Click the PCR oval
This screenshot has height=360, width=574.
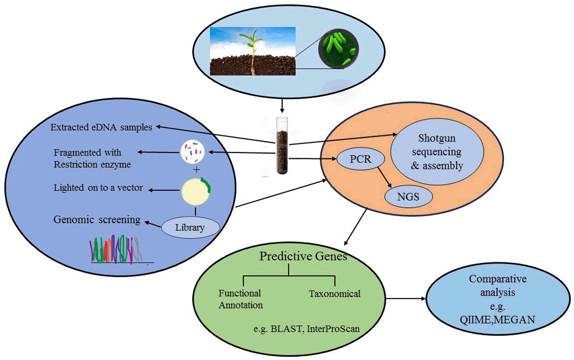pyautogui.click(x=361, y=159)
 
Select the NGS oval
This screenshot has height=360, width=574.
pyautogui.click(x=408, y=197)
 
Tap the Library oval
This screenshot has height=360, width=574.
pyautogui.click(x=190, y=227)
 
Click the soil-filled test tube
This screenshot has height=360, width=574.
pyautogui.click(x=282, y=146)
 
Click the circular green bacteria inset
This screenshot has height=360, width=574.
pyautogui.click(x=338, y=49)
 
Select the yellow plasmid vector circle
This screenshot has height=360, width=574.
pyautogui.click(x=196, y=191)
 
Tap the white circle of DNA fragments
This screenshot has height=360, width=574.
pyautogui.click(x=192, y=152)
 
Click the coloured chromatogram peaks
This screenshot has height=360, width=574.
pyautogui.click(x=116, y=249)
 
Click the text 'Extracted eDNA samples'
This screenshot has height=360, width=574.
pyautogui.click(x=101, y=127)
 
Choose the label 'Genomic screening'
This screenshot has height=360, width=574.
pyautogui.click(x=97, y=220)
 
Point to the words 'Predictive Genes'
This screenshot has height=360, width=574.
pyautogui.click(x=303, y=256)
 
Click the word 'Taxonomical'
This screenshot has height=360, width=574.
pyautogui.click(x=335, y=294)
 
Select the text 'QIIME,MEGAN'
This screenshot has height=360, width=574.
pyautogui.click(x=497, y=320)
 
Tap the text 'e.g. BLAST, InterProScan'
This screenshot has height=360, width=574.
pyautogui.click(x=307, y=329)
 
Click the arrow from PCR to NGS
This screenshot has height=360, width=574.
pyautogui.click(x=385, y=178)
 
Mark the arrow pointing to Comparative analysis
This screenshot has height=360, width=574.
pyautogui.click(x=406, y=298)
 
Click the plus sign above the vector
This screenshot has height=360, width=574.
pyautogui.click(x=196, y=170)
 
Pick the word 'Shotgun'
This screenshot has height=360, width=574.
pyautogui.click(x=437, y=138)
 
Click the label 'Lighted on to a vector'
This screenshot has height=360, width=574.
pyautogui.click(x=98, y=188)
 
